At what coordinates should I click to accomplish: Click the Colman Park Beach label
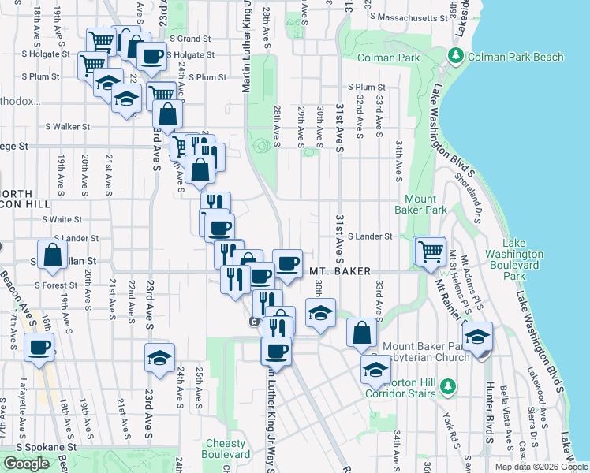click(516, 57)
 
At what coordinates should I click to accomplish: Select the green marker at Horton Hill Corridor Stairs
click(448, 385)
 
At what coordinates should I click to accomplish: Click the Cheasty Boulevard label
click(228, 449)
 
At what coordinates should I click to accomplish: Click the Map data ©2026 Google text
click(540, 467)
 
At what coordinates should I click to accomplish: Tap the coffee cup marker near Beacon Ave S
click(39, 347)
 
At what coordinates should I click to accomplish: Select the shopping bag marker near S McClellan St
click(52, 255)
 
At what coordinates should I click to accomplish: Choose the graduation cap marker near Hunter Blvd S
click(477, 337)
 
